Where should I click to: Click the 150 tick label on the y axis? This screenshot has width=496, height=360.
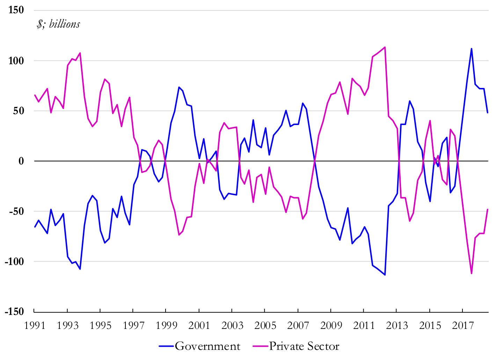point(16,10)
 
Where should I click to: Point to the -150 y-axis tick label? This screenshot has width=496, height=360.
point(14,311)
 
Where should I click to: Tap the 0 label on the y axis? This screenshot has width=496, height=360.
point(21,161)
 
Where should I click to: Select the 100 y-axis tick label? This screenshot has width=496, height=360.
point(16,61)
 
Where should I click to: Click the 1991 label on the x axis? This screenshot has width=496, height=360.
point(35,326)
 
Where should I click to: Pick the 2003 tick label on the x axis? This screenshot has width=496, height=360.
point(232,326)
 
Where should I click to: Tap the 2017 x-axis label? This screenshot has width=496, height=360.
point(463,326)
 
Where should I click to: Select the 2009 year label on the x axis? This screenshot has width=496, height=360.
point(331,326)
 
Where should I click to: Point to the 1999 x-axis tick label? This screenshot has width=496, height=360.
point(166,326)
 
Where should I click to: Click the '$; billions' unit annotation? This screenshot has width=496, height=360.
point(58,24)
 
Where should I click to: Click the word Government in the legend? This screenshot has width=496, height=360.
point(207,346)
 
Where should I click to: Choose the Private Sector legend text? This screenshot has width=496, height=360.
point(304,346)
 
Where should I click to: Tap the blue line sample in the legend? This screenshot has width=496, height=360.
point(166,346)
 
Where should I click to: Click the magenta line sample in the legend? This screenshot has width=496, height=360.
point(260,346)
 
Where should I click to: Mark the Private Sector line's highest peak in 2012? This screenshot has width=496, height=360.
point(385,47)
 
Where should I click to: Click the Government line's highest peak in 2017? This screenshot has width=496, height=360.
point(472,49)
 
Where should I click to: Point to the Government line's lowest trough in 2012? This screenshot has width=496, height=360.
point(385,275)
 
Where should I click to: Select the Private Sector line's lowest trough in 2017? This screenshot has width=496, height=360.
point(472,273)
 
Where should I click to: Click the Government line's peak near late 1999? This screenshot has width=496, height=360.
point(179,87)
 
